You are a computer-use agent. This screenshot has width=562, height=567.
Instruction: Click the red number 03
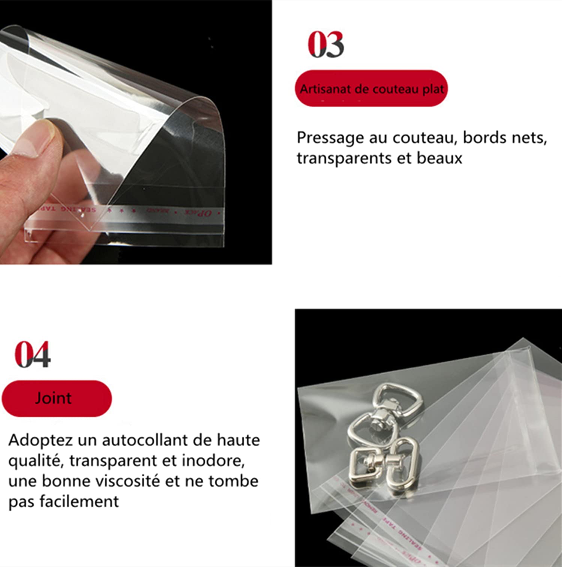326,45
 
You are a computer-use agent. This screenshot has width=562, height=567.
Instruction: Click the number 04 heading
33,354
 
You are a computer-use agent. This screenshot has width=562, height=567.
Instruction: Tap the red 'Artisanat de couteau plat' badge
371,88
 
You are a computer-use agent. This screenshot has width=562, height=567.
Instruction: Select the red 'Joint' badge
57,398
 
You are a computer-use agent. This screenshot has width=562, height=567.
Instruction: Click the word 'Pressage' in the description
330,138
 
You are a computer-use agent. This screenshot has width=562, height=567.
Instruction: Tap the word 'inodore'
212,460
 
